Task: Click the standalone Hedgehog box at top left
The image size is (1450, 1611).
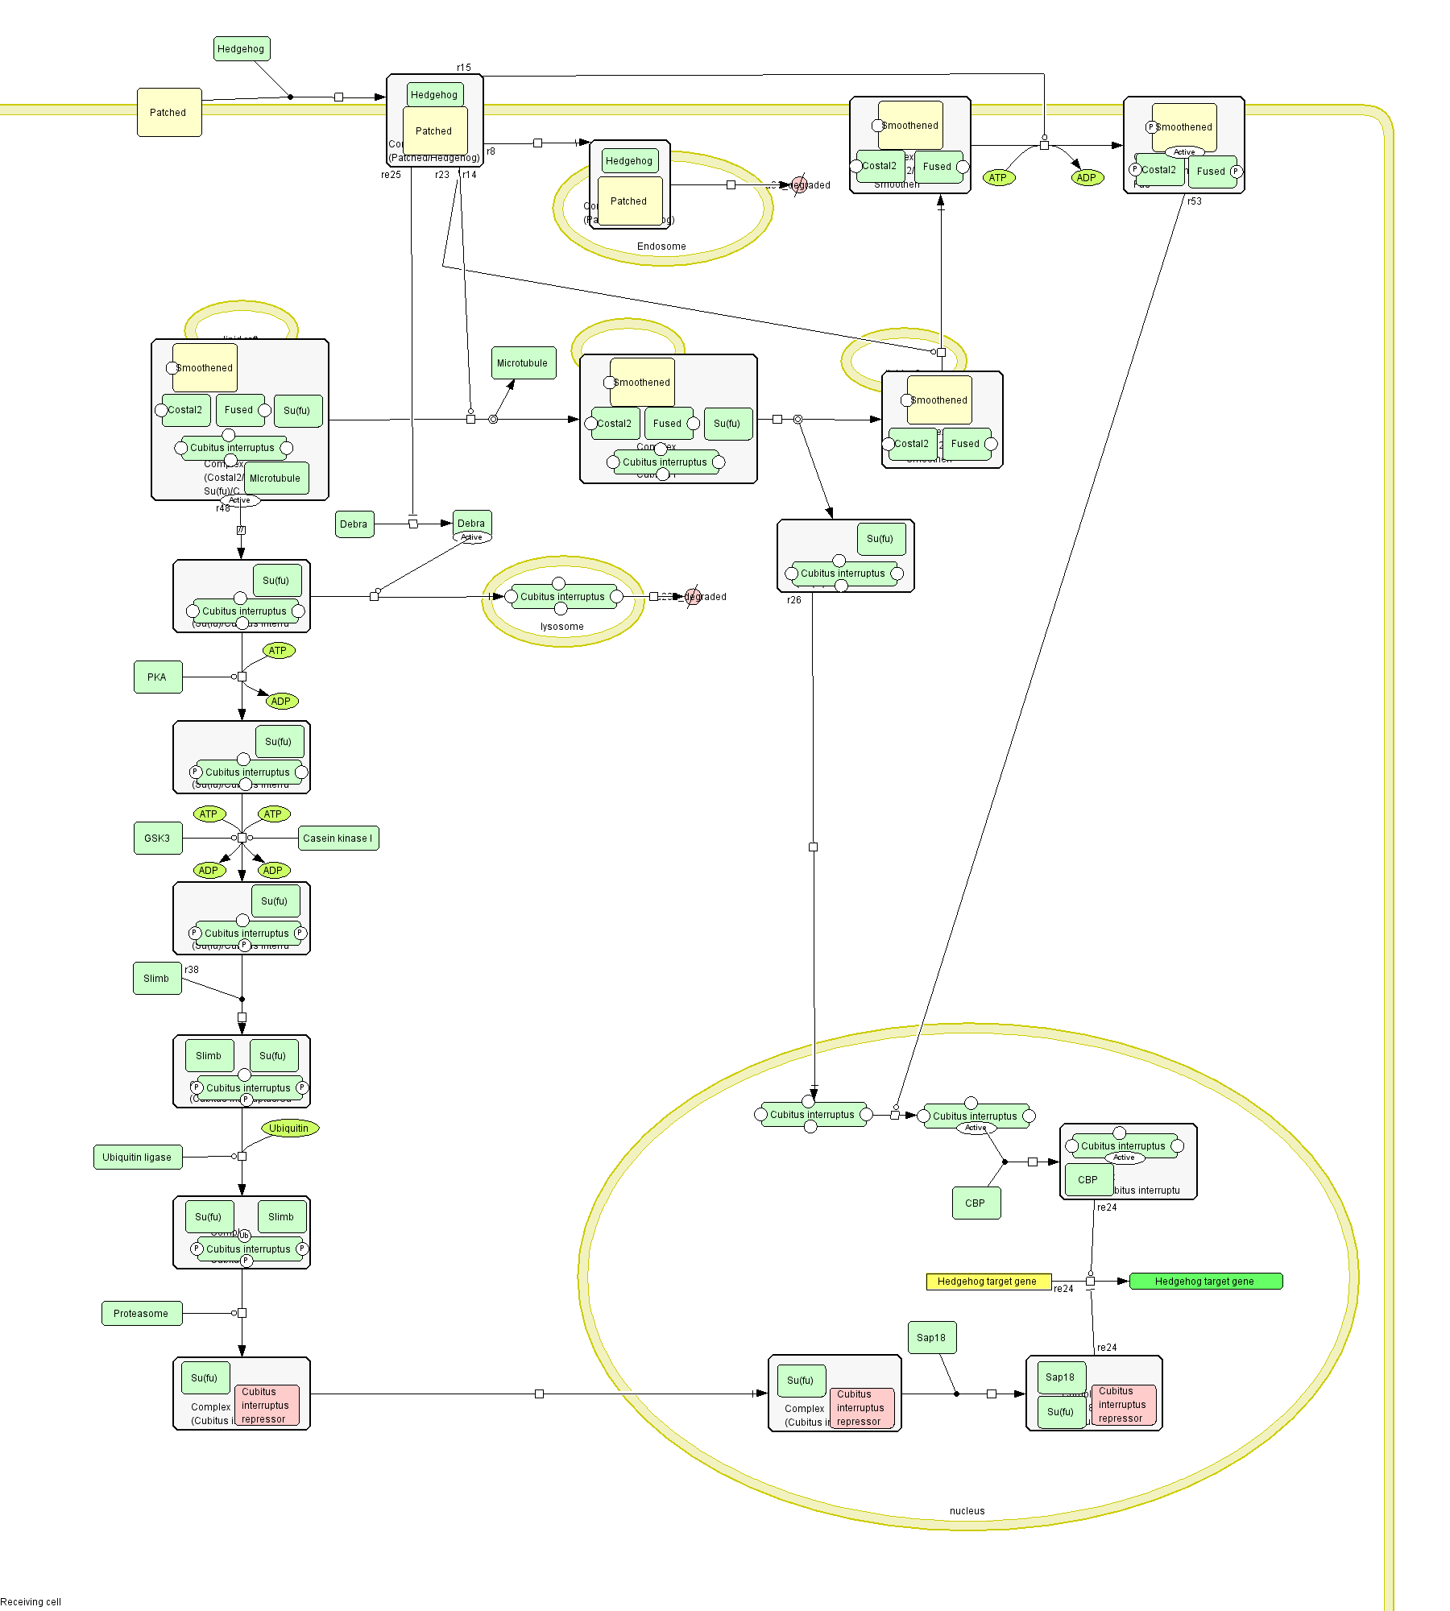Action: (241, 49)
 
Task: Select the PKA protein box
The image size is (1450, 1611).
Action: (157, 677)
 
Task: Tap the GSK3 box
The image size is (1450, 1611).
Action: (157, 839)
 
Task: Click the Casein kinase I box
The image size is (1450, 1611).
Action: (338, 839)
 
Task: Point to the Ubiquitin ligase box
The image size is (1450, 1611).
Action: (137, 1158)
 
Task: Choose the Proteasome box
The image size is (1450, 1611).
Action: (141, 1314)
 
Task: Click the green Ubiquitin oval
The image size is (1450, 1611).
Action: (289, 1129)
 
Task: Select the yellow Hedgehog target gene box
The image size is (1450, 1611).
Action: (988, 1282)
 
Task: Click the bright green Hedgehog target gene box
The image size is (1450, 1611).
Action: (1205, 1282)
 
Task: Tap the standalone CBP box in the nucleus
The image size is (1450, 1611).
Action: (976, 1203)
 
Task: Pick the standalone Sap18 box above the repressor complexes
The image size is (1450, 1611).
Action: (931, 1338)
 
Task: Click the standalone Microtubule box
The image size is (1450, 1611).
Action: (523, 363)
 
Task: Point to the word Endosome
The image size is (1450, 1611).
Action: (661, 246)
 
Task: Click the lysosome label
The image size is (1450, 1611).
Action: (562, 627)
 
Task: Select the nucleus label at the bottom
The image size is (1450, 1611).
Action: (967, 1511)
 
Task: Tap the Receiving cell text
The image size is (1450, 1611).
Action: (31, 1602)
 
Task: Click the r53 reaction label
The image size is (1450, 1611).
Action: (1195, 201)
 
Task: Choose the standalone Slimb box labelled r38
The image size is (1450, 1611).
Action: (156, 979)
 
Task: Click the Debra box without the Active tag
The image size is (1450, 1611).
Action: (354, 524)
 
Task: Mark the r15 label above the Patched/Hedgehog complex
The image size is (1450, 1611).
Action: (464, 68)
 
